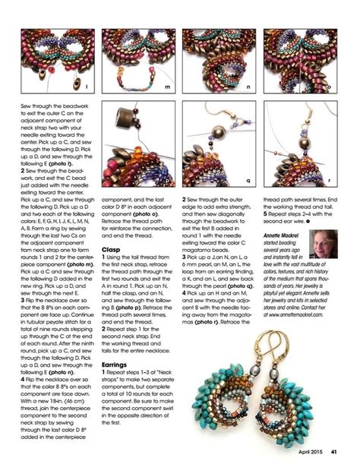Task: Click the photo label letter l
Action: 87,90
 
